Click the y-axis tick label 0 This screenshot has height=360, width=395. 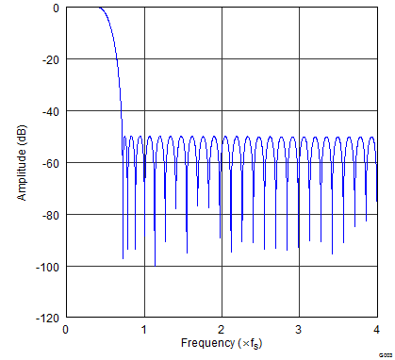[55, 8]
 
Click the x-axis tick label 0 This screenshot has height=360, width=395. [66, 330]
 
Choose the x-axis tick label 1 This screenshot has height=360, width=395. [143, 330]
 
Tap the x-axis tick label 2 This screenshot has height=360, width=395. [222, 330]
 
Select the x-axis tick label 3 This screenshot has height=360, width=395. [299, 330]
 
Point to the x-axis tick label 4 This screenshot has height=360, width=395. [376, 330]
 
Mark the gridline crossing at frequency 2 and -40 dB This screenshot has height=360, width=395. [222, 111]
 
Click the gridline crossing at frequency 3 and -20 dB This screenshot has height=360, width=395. [299, 59]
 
